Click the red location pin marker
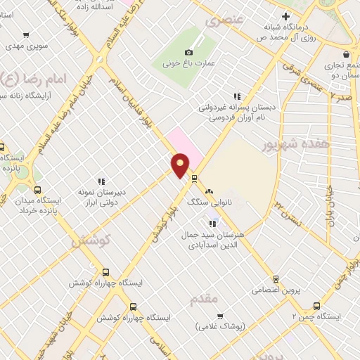coord(181,166)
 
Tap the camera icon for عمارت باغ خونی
coord(188,53)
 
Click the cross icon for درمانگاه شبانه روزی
coord(285,17)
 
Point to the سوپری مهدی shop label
coord(25,46)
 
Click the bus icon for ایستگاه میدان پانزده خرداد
coord(37,189)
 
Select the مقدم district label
coord(205,298)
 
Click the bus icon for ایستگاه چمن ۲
coord(316,307)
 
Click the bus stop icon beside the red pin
coord(195,178)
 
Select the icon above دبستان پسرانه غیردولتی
coord(237,96)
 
